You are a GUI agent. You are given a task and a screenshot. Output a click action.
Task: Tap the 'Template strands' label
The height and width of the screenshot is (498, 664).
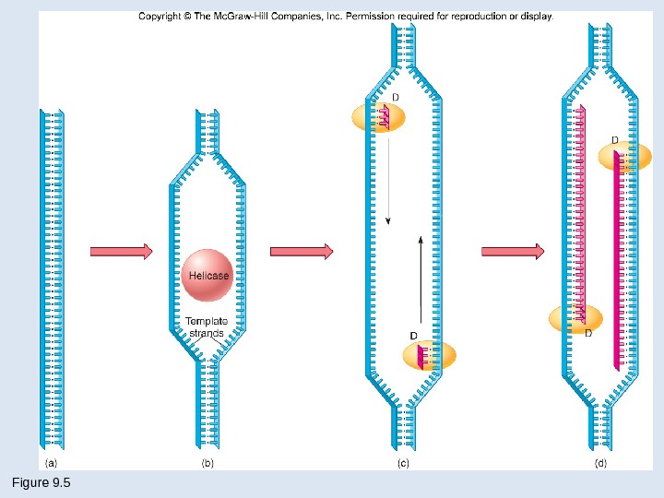tap(207, 326)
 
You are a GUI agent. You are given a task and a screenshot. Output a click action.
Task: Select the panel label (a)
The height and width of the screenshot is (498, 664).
tap(53, 464)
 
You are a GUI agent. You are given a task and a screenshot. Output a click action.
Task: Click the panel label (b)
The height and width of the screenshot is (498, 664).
tap(207, 464)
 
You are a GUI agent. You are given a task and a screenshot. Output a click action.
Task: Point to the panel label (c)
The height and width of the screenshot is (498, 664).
tap(403, 464)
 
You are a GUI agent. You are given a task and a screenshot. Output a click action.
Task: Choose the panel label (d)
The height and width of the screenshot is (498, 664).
tap(601, 464)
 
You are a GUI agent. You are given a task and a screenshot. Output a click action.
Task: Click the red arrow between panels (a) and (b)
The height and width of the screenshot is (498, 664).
tap(121, 251)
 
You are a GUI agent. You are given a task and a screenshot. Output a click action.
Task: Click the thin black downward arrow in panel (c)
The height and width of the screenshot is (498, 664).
tap(388, 176)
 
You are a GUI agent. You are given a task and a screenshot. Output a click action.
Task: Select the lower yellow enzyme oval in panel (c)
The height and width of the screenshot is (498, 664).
tap(430, 355)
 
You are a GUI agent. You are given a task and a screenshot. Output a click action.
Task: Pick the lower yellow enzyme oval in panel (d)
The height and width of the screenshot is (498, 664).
tap(575, 318)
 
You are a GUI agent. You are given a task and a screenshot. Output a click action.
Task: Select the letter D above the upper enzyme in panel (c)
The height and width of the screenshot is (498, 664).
tap(396, 97)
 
